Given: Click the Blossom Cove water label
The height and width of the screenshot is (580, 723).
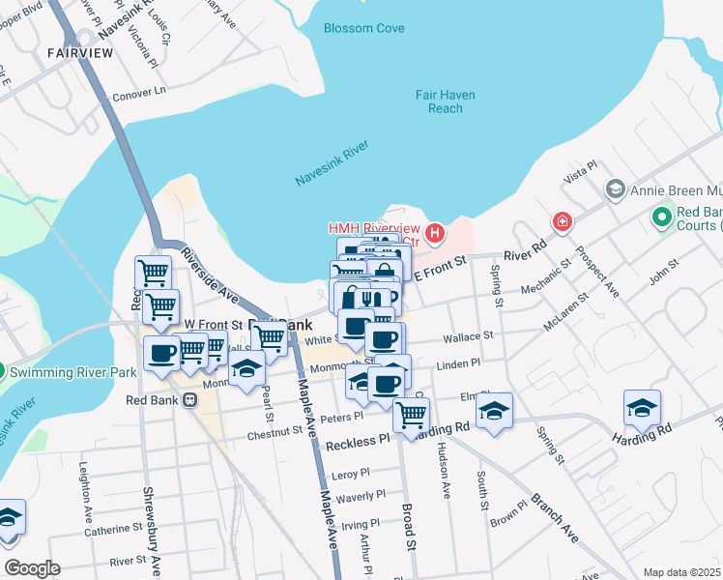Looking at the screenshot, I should pos(364,29).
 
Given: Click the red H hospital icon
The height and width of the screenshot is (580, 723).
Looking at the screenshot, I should pos(436,233).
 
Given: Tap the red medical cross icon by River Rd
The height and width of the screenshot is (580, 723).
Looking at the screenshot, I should pos(562,223).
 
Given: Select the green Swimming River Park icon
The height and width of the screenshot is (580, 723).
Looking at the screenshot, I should pos(3,370).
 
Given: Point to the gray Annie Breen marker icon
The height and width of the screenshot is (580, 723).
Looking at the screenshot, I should pos(613,190).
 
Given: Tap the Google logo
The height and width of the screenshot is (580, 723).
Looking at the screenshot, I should pos(32,567).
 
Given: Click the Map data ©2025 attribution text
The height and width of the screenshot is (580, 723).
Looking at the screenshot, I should pos(680,572).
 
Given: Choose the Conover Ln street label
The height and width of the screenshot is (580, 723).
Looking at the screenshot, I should pos(139,93).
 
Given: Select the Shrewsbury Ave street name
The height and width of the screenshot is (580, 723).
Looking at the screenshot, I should pos(150,522).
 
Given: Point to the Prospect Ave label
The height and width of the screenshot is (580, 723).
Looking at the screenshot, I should pos(605,276).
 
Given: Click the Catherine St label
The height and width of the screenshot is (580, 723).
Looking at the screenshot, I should pos(113,530).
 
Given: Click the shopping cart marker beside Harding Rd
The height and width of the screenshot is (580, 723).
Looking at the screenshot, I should pos(413,414).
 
